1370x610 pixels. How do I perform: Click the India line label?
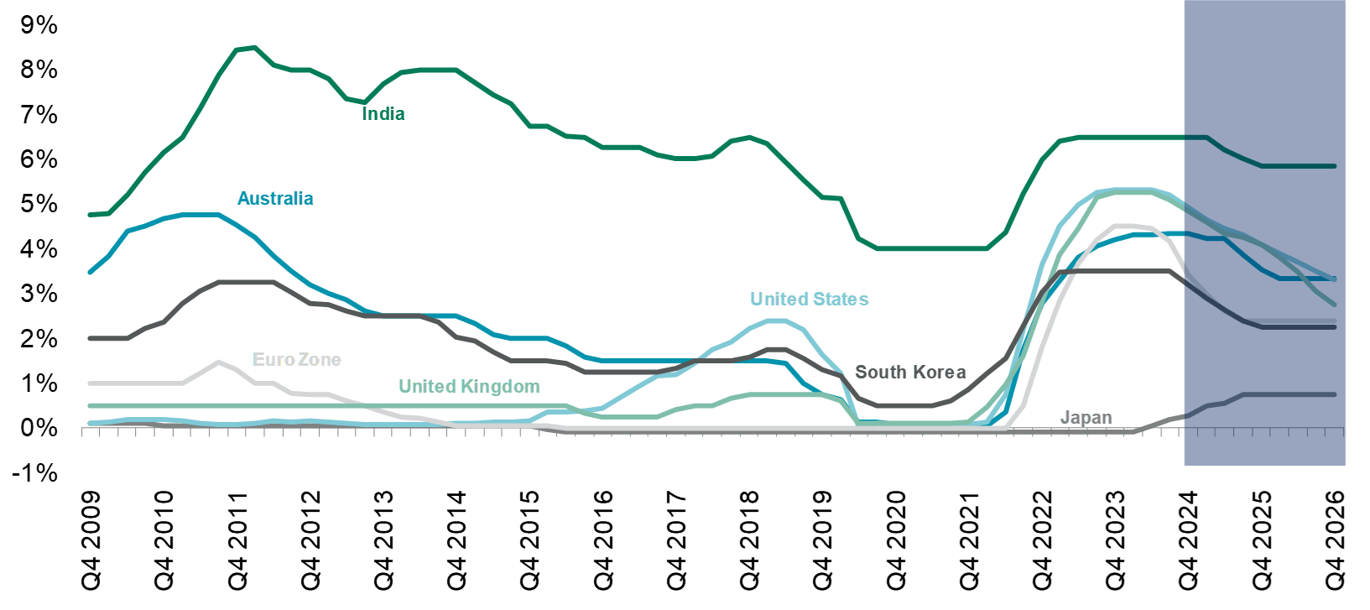tap(383, 113)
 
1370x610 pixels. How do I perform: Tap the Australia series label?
tap(275, 198)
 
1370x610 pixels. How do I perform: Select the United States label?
tap(809, 299)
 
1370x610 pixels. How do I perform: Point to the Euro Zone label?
tap(297, 359)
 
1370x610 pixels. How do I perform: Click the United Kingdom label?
tap(468, 386)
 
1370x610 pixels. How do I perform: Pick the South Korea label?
tap(910, 372)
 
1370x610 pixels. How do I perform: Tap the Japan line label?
tap(1086, 417)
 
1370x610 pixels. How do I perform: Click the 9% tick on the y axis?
tap(39, 25)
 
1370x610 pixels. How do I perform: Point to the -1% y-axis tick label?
tap(39, 473)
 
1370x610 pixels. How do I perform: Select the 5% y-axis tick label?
tap(39, 204)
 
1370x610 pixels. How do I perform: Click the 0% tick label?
tap(39, 428)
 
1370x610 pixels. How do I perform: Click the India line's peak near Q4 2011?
tap(253, 47)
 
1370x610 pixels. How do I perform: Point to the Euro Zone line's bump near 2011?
tap(218, 362)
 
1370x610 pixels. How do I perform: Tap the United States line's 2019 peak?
tap(777, 321)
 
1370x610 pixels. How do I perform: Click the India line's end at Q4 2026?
tap(1335, 166)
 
